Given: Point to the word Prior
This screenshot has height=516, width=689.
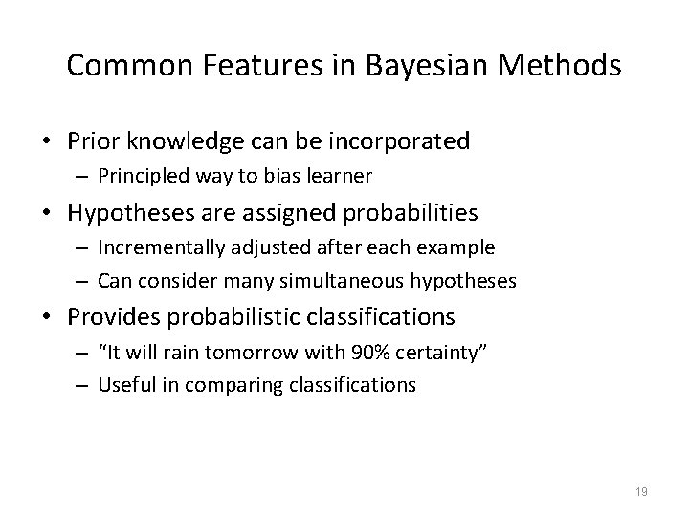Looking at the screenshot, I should (x=93, y=141).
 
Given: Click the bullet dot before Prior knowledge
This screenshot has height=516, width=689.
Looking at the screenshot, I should (x=48, y=142).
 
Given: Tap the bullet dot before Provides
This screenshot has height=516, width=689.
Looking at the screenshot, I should (x=48, y=316).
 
